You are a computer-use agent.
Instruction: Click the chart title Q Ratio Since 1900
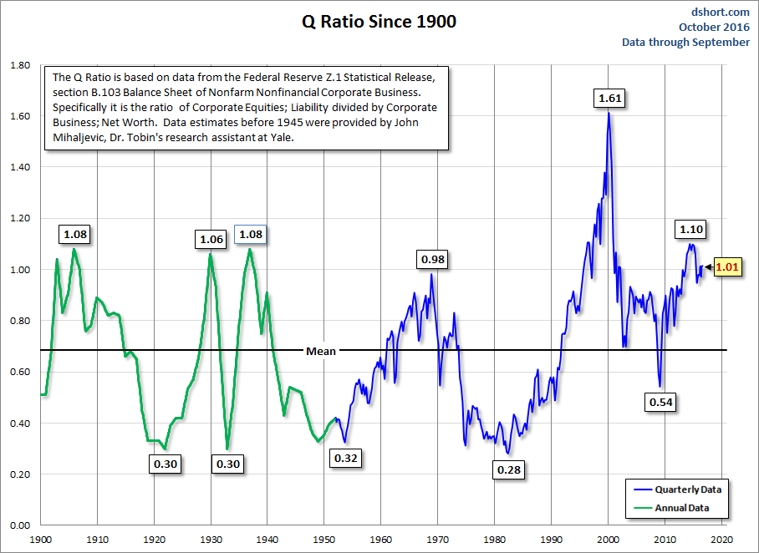pos(379,23)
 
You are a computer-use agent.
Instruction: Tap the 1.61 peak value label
pos(609,99)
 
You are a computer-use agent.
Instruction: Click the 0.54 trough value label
pos(660,402)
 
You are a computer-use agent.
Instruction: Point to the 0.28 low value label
pos(508,469)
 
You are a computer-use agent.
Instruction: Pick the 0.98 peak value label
pos(433,260)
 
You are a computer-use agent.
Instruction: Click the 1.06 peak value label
pos(211,240)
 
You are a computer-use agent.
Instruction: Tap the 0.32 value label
pos(346,458)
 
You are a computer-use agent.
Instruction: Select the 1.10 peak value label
pos(691,229)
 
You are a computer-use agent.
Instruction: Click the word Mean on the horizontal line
pos(320,351)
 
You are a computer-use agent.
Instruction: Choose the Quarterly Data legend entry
pos(687,490)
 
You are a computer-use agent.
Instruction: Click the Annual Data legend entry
pos(681,507)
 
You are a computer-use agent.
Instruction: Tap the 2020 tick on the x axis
pos(722,540)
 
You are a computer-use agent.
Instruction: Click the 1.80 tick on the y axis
pos(18,64)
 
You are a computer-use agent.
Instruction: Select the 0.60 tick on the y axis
pos(18,372)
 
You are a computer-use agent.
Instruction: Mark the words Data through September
pos(685,43)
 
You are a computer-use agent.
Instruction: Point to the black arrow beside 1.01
pos(707,267)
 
